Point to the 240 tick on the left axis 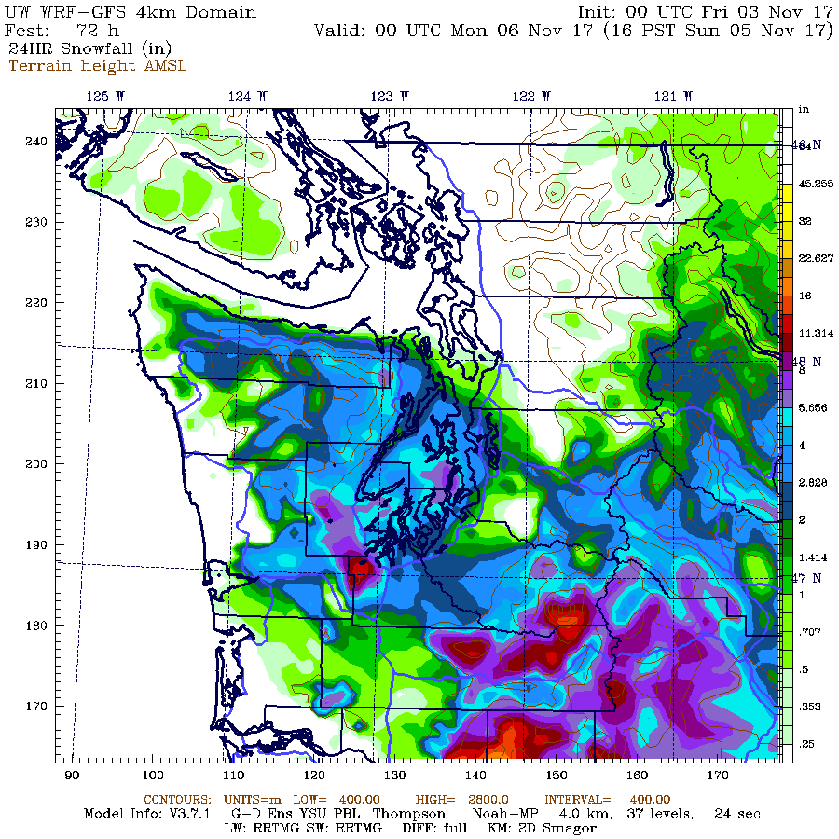pos(36,142)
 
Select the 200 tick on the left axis pos(36,464)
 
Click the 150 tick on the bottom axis pos(557,776)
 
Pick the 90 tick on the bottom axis pos(72,776)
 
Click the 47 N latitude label pos(807,578)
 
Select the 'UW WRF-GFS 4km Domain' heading pos(131,12)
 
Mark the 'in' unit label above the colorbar pos(804,110)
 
